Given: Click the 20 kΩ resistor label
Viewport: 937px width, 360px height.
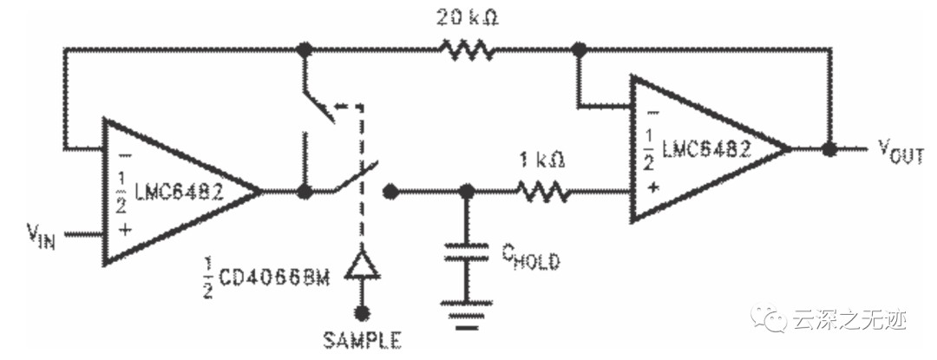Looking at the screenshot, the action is [468, 18].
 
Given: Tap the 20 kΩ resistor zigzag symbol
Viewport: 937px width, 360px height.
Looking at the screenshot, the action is [468, 50].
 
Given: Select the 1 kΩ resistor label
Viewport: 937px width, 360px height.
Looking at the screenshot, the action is [541, 160].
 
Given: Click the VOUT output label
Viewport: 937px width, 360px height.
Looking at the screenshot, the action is [901, 151].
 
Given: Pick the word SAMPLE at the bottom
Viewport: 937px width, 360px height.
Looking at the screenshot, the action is [363, 340].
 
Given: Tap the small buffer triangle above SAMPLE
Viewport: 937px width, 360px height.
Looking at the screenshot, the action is [361, 265].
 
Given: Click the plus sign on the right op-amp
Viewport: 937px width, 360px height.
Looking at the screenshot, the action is [652, 187].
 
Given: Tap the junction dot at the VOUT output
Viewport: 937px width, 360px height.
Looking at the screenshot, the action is [829, 149].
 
